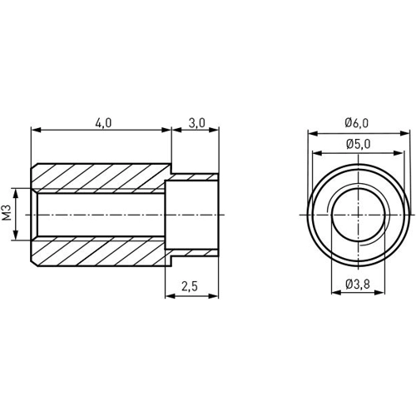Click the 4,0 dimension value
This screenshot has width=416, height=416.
(103, 122)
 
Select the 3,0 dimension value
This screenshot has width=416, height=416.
(197, 122)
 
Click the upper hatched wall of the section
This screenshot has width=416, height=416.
(100, 177)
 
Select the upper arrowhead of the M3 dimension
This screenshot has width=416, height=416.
(16, 191)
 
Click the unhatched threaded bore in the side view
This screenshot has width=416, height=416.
(100, 215)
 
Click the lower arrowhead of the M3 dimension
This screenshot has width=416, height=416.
(16, 238)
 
